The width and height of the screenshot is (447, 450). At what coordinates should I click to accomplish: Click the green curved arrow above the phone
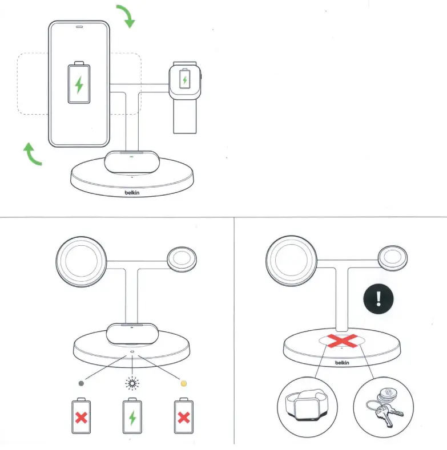127,16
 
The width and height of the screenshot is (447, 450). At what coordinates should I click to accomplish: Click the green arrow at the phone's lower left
32,155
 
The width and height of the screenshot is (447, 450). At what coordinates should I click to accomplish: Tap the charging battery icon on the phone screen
79,84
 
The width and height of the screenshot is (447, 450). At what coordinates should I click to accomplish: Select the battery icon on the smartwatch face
184,79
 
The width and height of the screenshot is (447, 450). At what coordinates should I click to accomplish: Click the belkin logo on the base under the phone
132,193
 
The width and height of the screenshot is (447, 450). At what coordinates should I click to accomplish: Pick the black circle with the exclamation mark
379,297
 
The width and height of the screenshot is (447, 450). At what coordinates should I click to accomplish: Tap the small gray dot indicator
80,383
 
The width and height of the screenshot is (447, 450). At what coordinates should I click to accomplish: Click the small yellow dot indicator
184,383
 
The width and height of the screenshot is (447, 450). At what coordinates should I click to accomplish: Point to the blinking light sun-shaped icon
132,383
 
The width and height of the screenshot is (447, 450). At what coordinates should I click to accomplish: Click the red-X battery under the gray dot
80,418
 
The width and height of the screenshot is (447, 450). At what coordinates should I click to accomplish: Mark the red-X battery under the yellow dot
184,418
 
